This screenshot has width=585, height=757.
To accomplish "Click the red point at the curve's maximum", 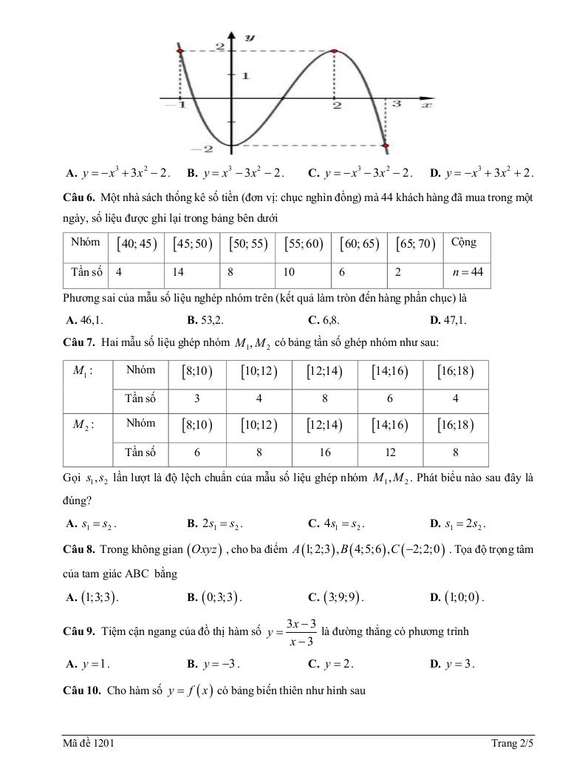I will click(335, 52).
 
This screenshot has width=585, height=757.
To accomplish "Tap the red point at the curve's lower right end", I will click(384, 146).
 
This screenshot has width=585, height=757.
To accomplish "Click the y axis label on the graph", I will click(250, 36).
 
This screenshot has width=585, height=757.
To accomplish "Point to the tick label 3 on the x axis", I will click(396, 105).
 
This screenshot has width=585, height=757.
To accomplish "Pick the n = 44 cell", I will click(467, 272).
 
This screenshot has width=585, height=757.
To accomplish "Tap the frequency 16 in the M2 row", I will click(324, 452).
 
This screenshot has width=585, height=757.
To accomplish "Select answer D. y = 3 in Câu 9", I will click(452, 663).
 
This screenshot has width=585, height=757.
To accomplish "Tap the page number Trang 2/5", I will click(512, 742).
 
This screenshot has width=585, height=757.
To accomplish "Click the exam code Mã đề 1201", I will click(88, 742).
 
